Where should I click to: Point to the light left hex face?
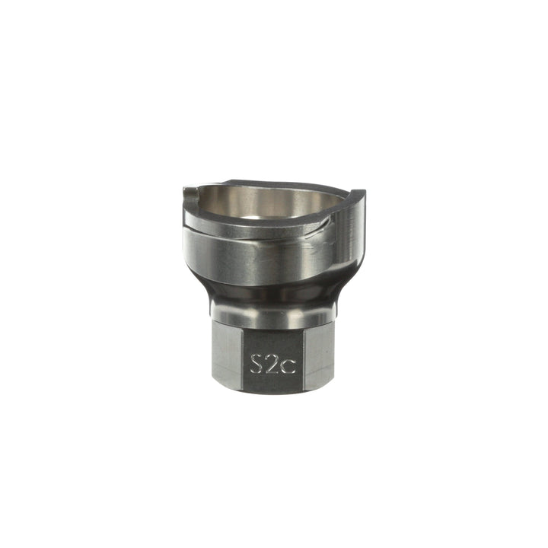(227, 354)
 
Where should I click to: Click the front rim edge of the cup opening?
(251, 223)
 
